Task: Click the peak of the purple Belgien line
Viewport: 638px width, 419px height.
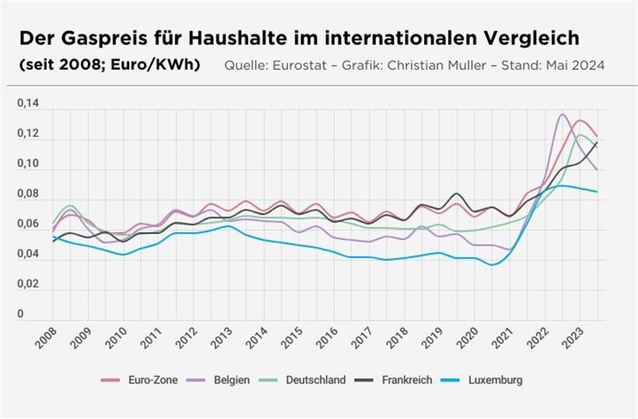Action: [x=563, y=114]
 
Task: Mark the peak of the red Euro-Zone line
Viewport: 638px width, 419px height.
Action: [x=580, y=120]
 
